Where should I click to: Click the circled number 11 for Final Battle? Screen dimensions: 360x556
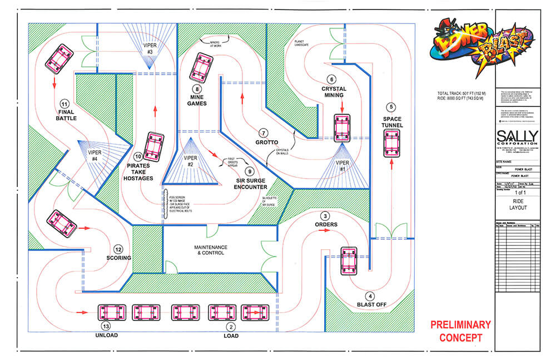[x=64, y=103]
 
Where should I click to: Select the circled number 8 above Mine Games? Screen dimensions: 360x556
[x=197, y=88]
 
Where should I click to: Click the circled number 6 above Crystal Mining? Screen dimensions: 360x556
[x=332, y=79]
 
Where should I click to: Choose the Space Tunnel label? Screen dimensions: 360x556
[x=391, y=123]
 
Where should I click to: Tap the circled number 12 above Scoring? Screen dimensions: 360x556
[x=118, y=249]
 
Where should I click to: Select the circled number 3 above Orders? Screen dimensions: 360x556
[x=326, y=216]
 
